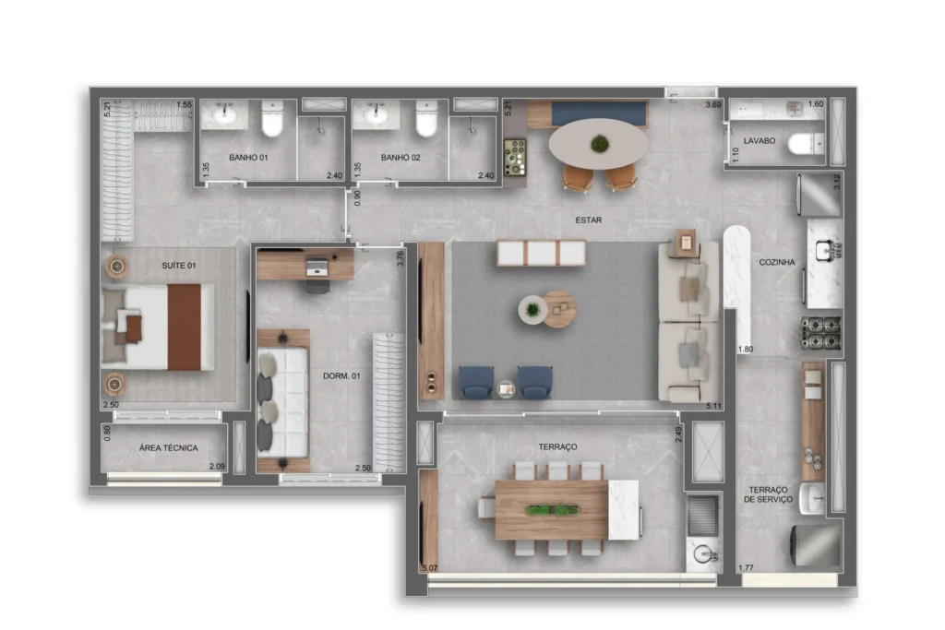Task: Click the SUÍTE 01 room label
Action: pos(179,266)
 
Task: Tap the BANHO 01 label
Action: pos(248,158)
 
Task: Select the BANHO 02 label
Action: pos(401,158)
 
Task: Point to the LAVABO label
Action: pos(760,142)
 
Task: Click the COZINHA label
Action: pos(777,262)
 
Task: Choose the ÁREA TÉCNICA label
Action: pos(168,448)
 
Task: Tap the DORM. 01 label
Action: pos(341,375)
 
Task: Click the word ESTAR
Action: pos(590,221)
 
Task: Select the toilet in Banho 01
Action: pos(272,119)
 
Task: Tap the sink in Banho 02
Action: pos(376,116)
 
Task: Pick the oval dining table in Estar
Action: pos(598,144)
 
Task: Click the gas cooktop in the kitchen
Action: pos(820,332)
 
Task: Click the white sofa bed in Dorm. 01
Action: pos(281,402)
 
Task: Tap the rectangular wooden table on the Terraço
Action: pos(552,510)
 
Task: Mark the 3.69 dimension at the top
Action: pos(713,105)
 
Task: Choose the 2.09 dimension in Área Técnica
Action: pos(217,467)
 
